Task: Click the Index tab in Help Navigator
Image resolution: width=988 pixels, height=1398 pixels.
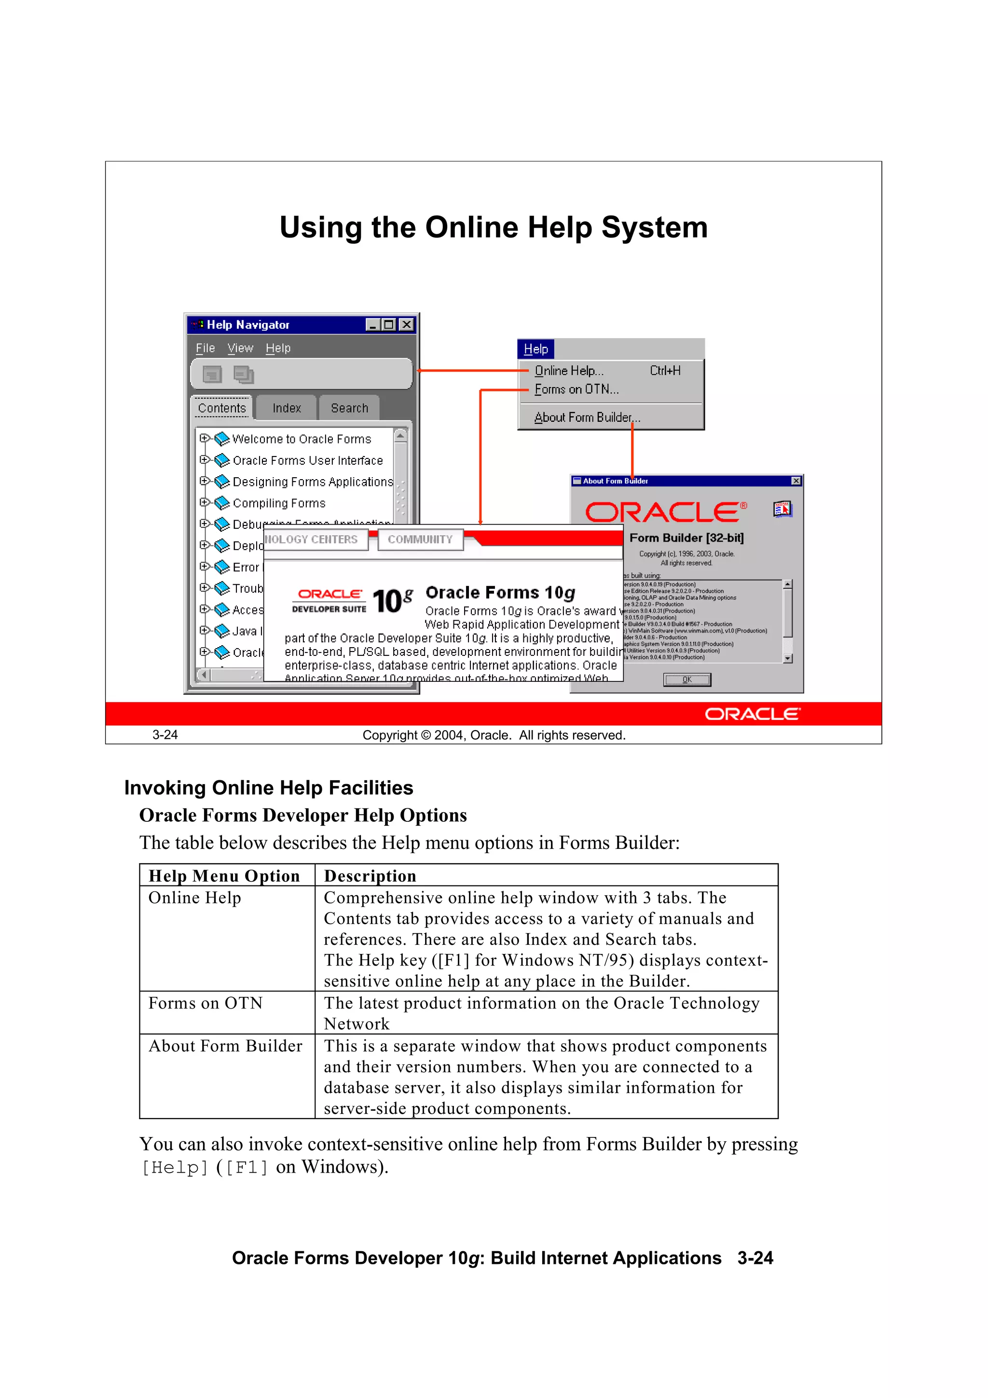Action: tap(287, 408)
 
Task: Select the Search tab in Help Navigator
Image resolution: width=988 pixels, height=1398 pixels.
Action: tap(349, 408)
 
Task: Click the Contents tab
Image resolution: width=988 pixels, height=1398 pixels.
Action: tap(221, 408)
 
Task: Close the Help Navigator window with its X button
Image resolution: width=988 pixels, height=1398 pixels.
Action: tap(406, 325)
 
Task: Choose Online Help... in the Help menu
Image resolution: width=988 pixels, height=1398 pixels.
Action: tap(569, 371)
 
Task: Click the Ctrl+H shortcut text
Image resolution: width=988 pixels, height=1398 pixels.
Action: tap(665, 371)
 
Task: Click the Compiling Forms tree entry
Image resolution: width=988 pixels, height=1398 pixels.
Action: tap(279, 503)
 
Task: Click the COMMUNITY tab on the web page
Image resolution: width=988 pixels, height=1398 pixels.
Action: tap(420, 540)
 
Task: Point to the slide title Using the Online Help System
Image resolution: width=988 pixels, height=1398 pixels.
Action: tap(493, 227)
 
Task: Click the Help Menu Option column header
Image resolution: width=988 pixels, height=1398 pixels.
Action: tap(224, 875)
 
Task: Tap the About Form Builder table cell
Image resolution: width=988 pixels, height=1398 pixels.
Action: tap(225, 1045)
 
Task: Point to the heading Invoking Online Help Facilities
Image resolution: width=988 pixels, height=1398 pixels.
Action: tap(268, 787)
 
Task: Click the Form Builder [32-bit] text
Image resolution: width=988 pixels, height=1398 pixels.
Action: tap(686, 538)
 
